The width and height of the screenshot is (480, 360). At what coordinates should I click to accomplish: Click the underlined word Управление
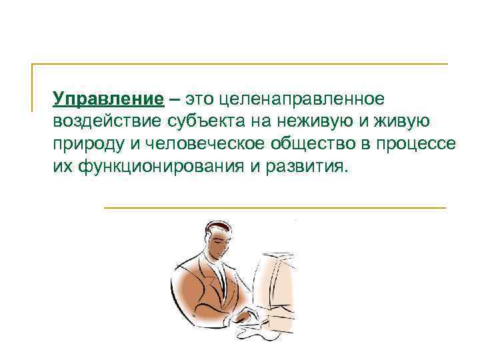(x=109, y=99)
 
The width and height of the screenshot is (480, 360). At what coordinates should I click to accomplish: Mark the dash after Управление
(x=174, y=99)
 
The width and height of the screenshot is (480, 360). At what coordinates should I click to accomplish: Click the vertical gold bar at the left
(x=33, y=87)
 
